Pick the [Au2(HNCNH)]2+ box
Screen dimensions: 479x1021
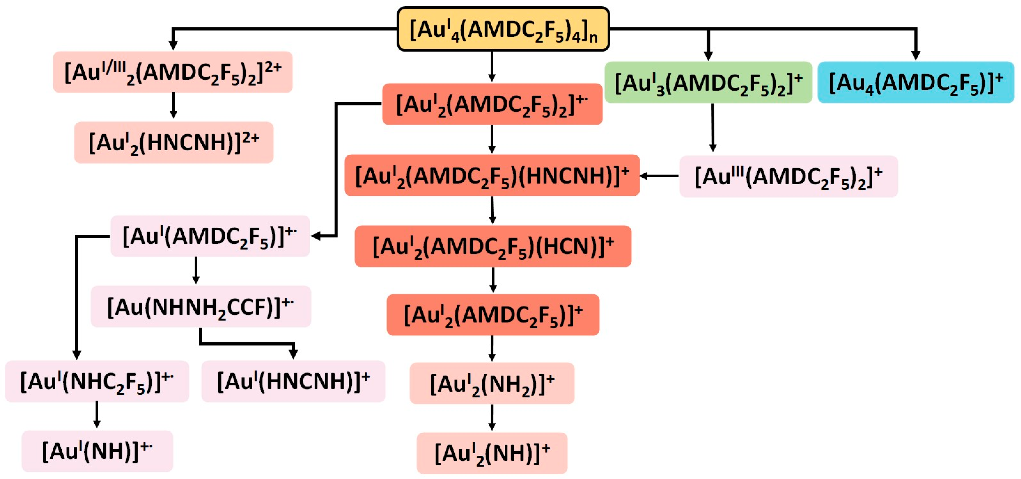tap(173, 142)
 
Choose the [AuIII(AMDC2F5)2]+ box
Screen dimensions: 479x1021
tap(788, 176)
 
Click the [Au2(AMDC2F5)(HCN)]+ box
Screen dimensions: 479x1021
tap(493, 246)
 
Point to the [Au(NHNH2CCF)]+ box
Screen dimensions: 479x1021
tap(201, 307)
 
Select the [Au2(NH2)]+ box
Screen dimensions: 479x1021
tap(492, 383)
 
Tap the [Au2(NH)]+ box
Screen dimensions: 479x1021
tap(492, 453)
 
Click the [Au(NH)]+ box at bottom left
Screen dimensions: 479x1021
tap(97, 451)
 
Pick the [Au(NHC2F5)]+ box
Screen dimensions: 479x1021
tap(97, 381)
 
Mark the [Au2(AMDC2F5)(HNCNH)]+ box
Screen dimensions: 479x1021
tap(492, 175)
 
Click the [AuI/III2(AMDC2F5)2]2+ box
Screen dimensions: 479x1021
tap(173, 72)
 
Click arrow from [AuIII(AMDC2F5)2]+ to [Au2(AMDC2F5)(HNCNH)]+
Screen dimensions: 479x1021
tap(659, 176)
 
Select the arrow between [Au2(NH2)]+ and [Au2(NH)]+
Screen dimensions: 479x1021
tap(492, 418)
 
